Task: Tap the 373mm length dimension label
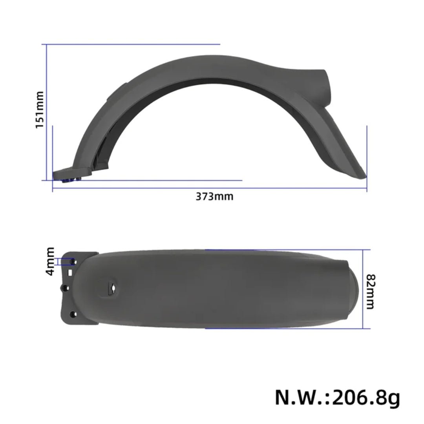214,196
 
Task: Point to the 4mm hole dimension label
50,261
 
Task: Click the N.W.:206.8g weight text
337,397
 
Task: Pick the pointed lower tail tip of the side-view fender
364,175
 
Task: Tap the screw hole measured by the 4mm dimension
73,260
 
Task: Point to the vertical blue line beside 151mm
47,112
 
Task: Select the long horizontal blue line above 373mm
210,188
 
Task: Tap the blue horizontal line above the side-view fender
133,44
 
